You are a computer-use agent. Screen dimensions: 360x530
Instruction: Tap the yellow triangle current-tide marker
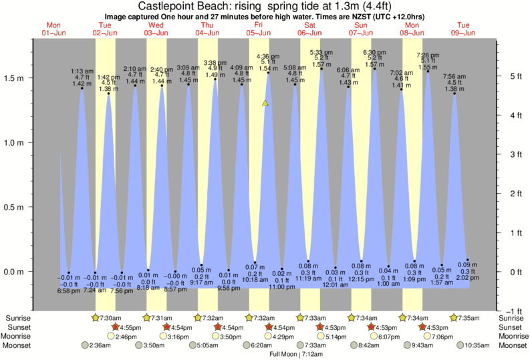tap(265, 104)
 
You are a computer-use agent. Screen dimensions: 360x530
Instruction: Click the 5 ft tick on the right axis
tap(511, 76)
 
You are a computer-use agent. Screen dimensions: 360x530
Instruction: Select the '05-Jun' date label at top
tap(259, 33)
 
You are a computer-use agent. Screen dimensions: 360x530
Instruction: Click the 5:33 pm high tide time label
tap(322, 52)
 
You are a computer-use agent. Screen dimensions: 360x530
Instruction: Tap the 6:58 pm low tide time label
tap(70, 292)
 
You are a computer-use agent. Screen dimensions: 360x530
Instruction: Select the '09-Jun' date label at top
tap(463, 33)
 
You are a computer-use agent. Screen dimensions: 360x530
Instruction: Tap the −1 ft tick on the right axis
tap(510, 311)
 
